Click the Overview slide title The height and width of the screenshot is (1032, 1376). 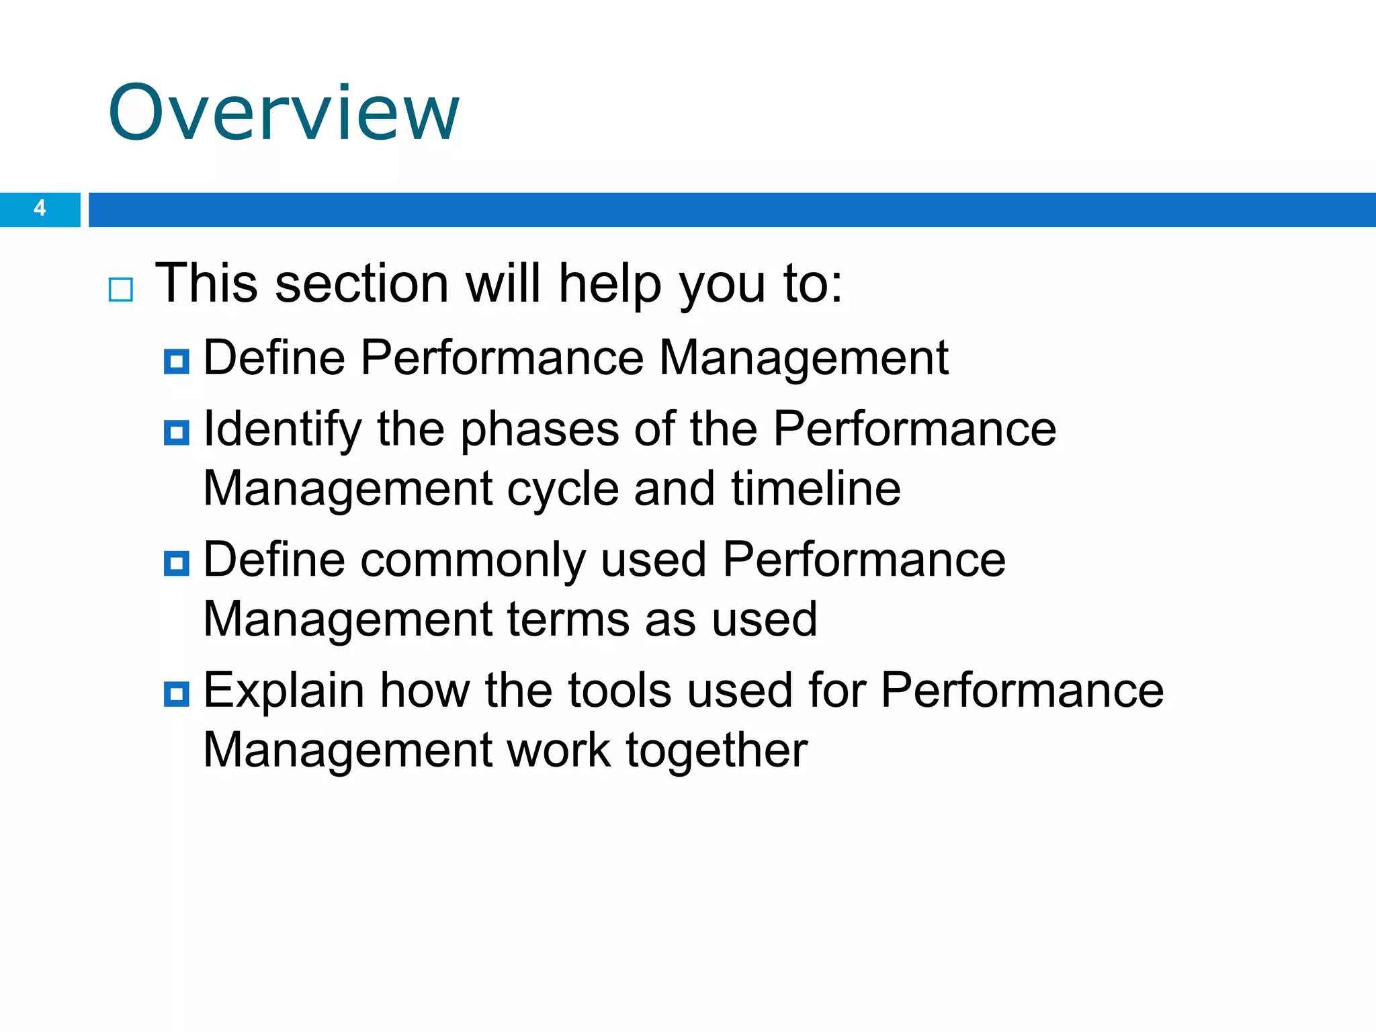[x=284, y=112]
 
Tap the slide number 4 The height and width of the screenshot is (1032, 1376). [x=40, y=208]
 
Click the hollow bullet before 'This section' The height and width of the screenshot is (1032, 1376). [x=121, y=290]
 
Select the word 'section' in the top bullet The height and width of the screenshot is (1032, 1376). [x=361, y=284]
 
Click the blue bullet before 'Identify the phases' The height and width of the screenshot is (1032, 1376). [x=177, y=433]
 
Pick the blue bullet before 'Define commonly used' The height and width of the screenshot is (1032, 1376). [x=177, y=563]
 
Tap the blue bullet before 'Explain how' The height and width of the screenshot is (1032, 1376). [x=177, y=693]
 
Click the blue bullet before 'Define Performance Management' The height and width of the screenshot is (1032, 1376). [x=177, y=361]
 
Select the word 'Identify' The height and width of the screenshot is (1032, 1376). [x=282, y=430]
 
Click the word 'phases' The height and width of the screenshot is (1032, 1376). [x=540, y=430]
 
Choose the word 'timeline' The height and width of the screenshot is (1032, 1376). [x=816, y=488]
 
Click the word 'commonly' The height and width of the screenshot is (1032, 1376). [x=473, y=560]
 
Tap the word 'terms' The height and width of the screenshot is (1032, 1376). [x=568, y=619]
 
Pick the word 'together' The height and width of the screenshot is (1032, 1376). [x=717, y=750]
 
